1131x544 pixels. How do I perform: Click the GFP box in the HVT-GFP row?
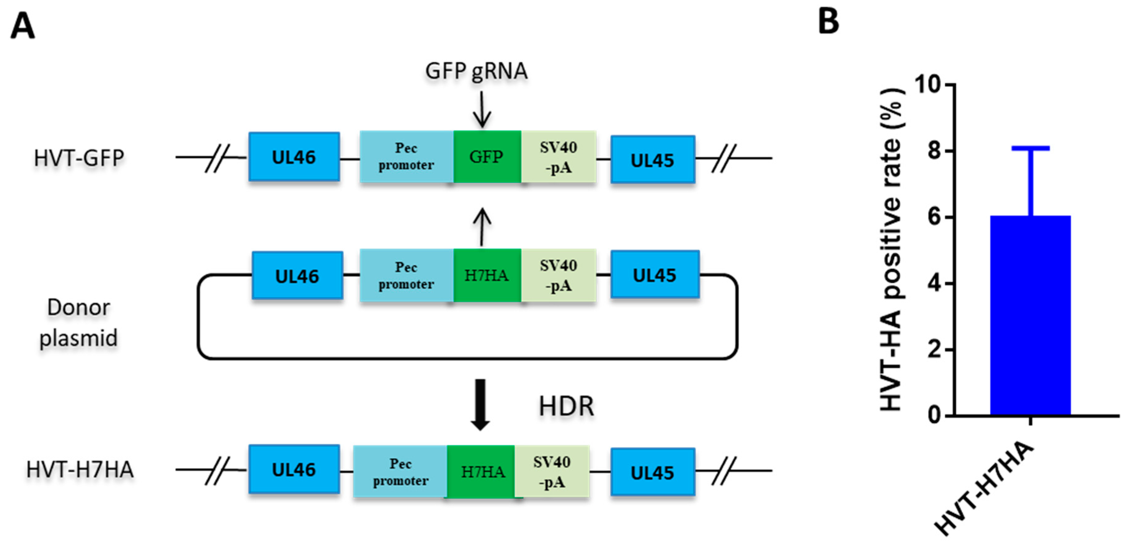[487, 157]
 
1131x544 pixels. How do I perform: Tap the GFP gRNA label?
[476, 71]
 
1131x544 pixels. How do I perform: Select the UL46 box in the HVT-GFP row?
[294, 157]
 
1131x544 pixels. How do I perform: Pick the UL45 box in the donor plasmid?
[655, 275]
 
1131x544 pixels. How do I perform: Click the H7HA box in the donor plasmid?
[487, 275]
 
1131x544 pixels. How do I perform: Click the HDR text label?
[566, 406]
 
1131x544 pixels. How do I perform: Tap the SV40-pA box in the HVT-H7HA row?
[552, 472]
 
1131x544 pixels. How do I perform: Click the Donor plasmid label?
[79, 322]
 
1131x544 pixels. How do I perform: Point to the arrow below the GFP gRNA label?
[482, 109]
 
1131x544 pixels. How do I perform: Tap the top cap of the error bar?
[1031, 148]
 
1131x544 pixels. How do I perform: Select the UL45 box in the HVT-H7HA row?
[652, 472]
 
